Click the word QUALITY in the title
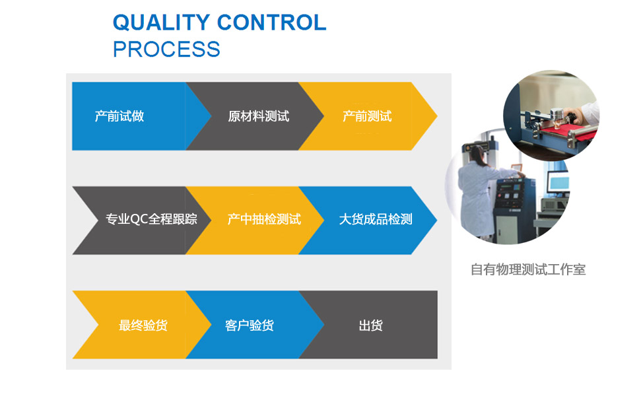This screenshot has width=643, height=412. tap(162, 22)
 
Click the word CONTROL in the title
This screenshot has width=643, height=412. tap(272, 22)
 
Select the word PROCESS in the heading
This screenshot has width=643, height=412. tap(166, 50)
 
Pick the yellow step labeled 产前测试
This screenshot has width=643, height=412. tap(367, 116)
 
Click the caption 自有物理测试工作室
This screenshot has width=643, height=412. tap(528, 270)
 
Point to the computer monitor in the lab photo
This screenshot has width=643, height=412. tap(558, 182)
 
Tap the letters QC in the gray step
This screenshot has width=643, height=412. tap(139, 219)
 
